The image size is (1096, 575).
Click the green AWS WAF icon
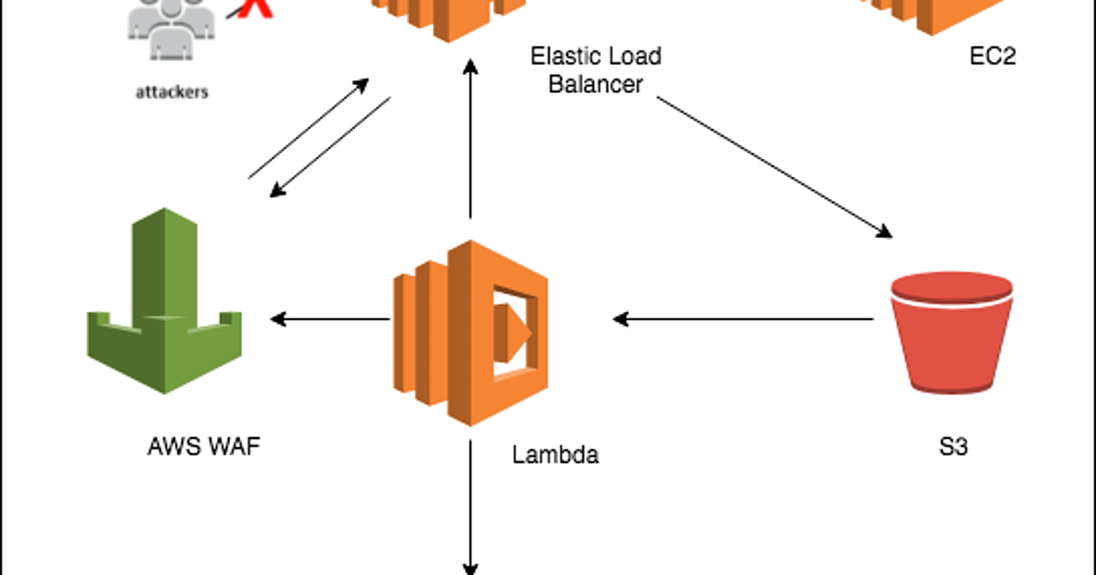pyautogui.click(x=165, y=301)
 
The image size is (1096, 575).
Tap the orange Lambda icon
pyautogui.click(x=468, y=333)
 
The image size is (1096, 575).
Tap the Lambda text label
pyautogui.click(x=555, y=455)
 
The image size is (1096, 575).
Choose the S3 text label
pyautogui.click(x=953, y=448)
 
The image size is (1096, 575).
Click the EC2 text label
pyautogui.click(x=993, y=57)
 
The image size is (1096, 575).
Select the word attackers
pyautogui.click(x=172, y=92)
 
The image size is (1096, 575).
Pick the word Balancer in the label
pyautogui.click(x=595, y=84)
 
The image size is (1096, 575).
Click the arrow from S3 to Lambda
pyautogui.click(x=743, y=319)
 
